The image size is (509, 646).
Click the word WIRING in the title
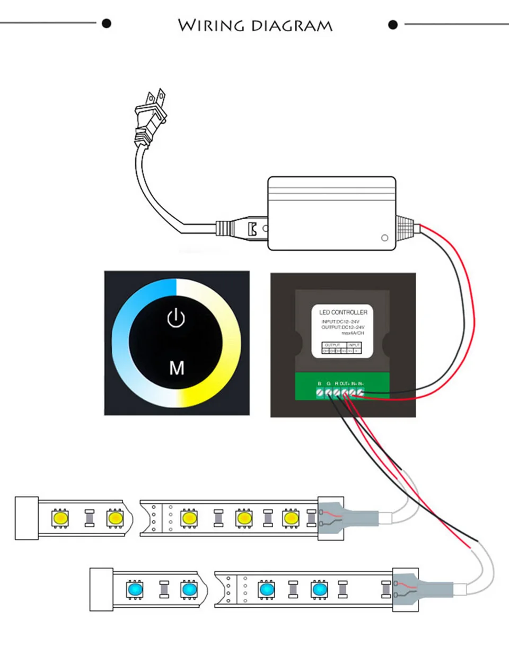(x=210, y=25)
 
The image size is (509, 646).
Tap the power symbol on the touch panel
(x=177, y=318)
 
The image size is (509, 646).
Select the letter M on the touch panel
(x=177, y=368)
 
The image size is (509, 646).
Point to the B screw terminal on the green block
(x=320, y=392)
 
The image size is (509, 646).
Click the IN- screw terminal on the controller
(x=361, y=392)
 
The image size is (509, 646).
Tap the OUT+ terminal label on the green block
(x=345, y=383)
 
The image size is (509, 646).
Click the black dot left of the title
(x=107, y=23)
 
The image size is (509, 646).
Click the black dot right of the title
(x=393, y=24)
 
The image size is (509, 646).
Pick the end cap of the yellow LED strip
(x=27, y=518)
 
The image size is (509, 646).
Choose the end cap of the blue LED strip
(x=101, y=589)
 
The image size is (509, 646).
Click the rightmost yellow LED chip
(x=291, y=518)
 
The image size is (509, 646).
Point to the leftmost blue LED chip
(x=133, y=589)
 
